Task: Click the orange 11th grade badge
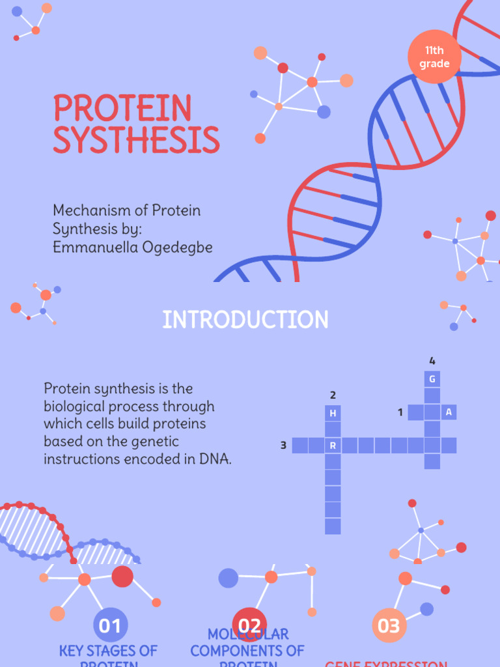click(x=434, y=57)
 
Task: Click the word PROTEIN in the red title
click(x=122, y=109)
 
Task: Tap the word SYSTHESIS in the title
click(x=136, y=140)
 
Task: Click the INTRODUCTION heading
click(x=245, y=320)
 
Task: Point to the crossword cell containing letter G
click(x=432, y=379)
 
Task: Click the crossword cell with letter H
click(x=333, y=413)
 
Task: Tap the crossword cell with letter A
click(x=449, y=412)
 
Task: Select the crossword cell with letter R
click(x=333, y=446)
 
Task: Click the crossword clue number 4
click(x=432, y=361)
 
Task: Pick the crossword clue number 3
click(x=283, y=446)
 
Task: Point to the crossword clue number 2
click(x=333, y=395)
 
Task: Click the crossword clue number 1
click(x=400, y=412)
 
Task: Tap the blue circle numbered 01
click(x=110, y=626)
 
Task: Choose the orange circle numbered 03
click(x=389, y=626)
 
